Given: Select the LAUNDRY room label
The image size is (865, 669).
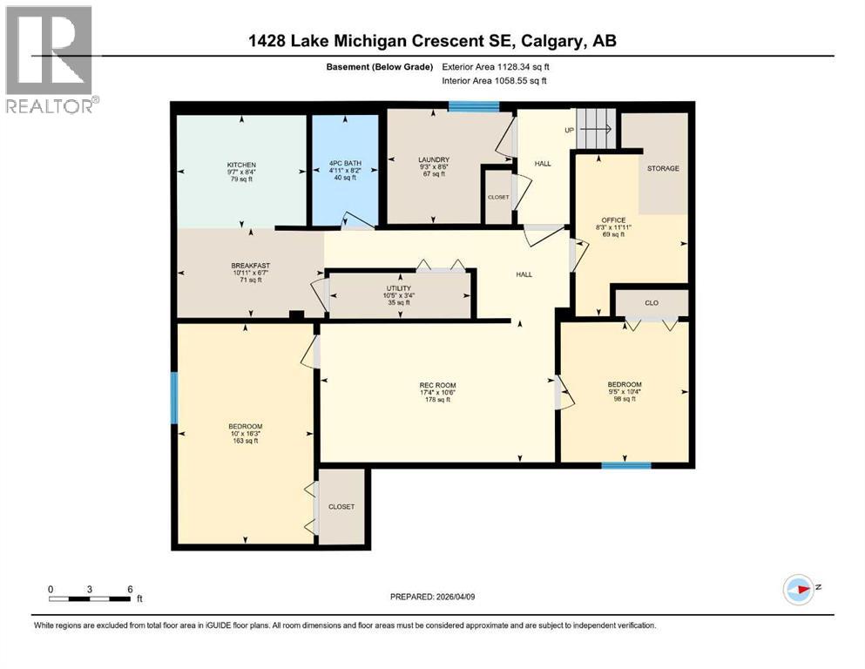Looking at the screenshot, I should coord(433,160).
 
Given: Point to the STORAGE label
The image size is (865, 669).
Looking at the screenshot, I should coord(663,168).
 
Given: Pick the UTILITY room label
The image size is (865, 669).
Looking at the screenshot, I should coord(399,288).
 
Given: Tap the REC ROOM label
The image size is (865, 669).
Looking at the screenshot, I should coord(437,385).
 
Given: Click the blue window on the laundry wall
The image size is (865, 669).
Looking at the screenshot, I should coord(474,106).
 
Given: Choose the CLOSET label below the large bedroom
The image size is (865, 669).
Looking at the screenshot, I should coord(341,507).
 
